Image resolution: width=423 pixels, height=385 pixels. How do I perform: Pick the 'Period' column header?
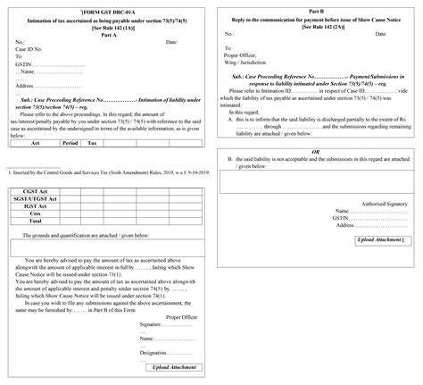[x=70, y=142]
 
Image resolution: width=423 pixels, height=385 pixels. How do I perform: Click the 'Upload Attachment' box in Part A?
[x=173, y=367]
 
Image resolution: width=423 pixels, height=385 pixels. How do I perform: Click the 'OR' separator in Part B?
[x=315, y=152]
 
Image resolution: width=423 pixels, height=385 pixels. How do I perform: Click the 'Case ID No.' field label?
[x=31, y=48]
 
